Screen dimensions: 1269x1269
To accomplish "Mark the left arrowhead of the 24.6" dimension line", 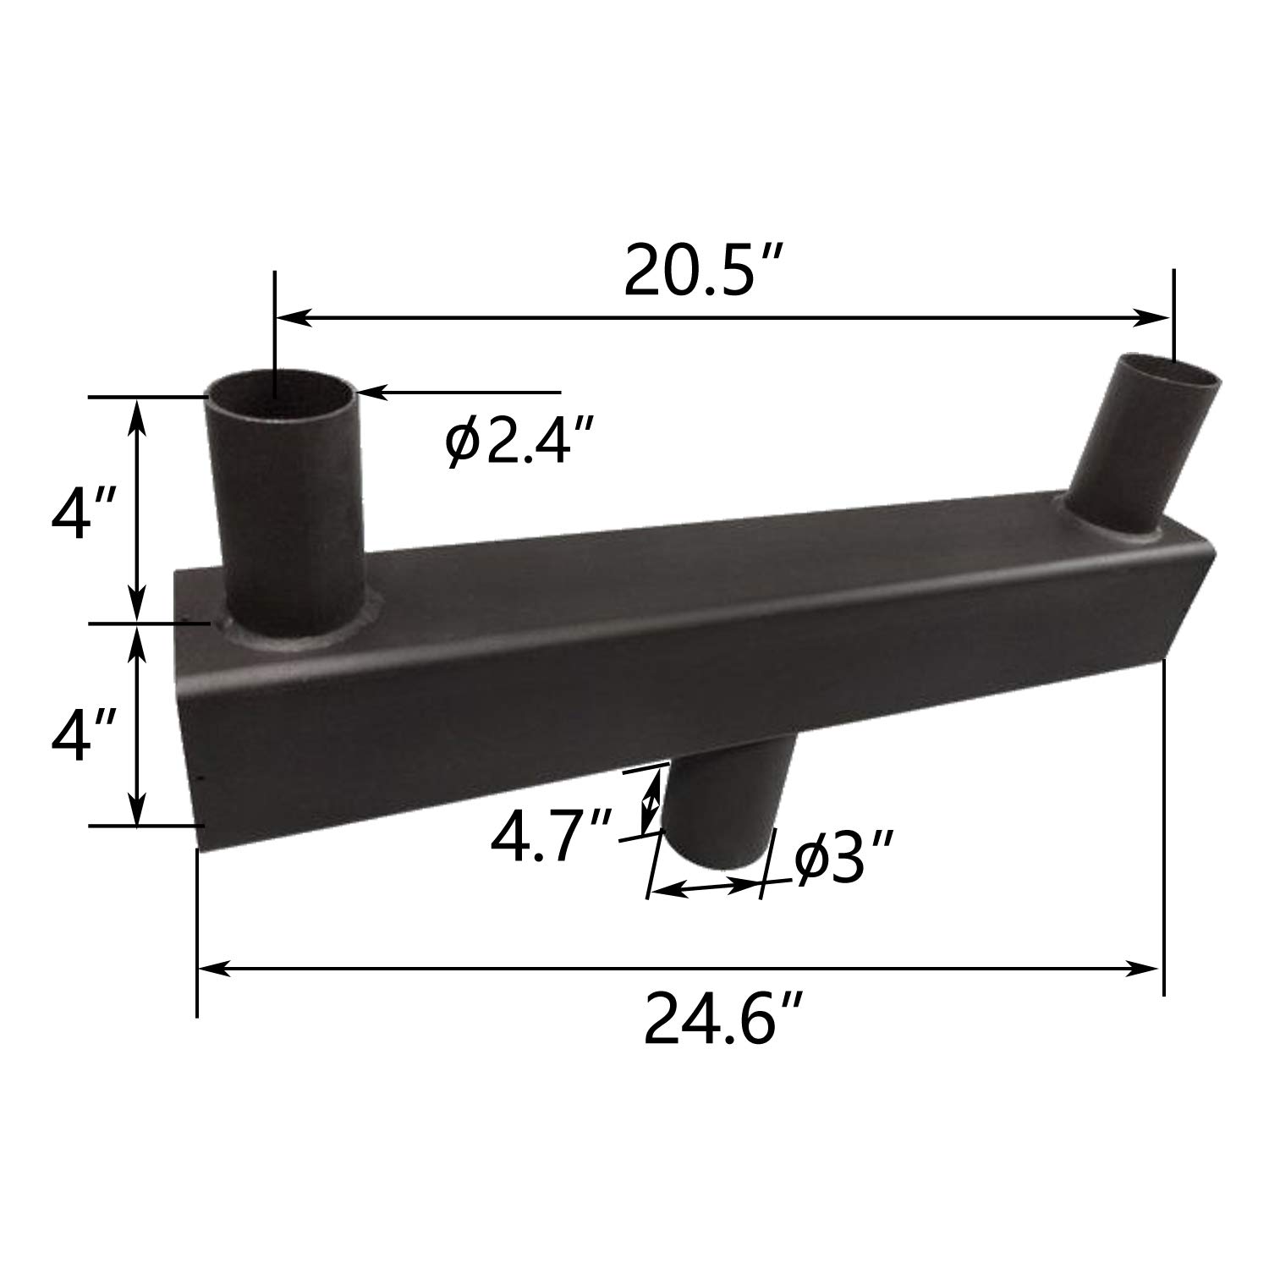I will pos(211,968).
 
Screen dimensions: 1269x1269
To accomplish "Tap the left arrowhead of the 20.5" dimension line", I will pos(291,318).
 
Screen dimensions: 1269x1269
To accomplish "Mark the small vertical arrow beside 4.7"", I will pos(650,799).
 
